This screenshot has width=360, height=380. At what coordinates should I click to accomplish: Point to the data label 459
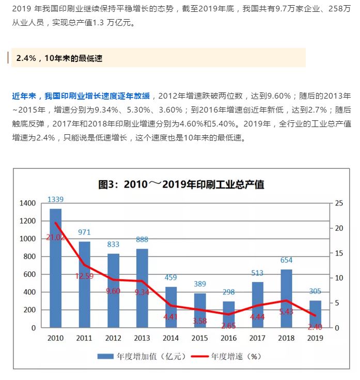pos(171,277)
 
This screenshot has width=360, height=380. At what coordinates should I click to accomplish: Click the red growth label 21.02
pos(55,237)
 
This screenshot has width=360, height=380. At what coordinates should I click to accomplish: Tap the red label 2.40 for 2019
pos(315,327)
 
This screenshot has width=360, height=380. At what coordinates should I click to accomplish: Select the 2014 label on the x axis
pos(171,338)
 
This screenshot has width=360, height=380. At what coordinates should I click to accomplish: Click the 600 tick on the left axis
pos(29,275)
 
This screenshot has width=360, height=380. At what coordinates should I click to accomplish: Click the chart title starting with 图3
pos(181,184)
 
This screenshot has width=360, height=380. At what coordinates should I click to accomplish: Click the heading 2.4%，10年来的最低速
pos(59,58)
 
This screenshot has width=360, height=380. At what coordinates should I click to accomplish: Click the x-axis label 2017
pos(258,338)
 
